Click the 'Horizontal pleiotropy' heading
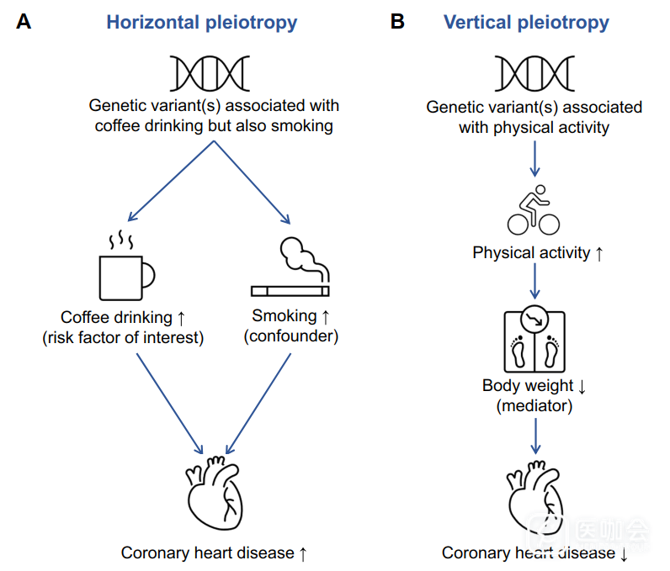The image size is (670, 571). pyautogui.click(x=201, y=23)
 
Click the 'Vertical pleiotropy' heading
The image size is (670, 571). pyautogui.click(x=526, y=23)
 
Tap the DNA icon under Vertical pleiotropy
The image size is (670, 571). pyautogui.click(x=534, y=73)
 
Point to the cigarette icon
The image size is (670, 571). pyautogui.click(x=290, y=270)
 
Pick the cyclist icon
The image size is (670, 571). pyautogui.click(x=534, y=210)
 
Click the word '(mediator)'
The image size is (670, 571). pyautogui.click(x=534, y=406)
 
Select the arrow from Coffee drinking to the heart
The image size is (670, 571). pyautogui.click(x=169, y=403)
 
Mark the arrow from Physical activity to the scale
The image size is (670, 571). pyautogui.click(x=534, y=281)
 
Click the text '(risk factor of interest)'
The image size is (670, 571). pyautogui.click(x=123, y=338)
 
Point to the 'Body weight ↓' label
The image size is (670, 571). pyautogui.click(x=534, y=386)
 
